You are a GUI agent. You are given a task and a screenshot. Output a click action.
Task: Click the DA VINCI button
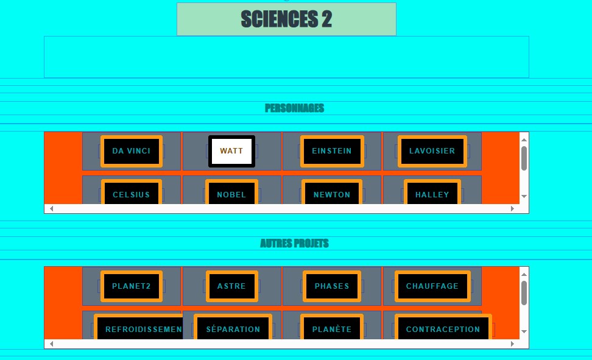[x=132, y=151]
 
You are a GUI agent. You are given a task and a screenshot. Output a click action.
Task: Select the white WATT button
[x=231, y=151]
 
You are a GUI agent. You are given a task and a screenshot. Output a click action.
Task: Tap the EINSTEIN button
[x=332, y=151]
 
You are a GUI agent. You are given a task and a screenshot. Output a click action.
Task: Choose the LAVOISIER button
[x=432, y=151]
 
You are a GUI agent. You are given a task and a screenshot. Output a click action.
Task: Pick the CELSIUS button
[x=132, y=192]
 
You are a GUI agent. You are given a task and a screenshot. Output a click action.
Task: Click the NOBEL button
[x=231, y=192]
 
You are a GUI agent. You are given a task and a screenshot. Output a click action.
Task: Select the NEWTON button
[x=332, y=192]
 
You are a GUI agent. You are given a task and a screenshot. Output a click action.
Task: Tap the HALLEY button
[x=432, y=192]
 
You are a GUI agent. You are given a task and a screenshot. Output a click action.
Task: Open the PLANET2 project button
[x=132, y=286]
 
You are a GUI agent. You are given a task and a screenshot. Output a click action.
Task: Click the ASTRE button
[x=231, y=286]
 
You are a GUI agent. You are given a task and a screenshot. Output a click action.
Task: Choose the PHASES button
[x=332, y=286]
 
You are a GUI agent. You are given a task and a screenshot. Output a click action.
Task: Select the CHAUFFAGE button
[x=432, y=286]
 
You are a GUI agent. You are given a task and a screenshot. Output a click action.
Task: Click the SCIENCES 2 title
[x=286, y=19]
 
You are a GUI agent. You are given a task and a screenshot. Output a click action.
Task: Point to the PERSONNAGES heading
[x=295, y=108]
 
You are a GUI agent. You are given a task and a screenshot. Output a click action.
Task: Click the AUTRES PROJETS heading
[x=295, y=243]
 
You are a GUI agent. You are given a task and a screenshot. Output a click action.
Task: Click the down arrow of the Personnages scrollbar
[x=524, y=196]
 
